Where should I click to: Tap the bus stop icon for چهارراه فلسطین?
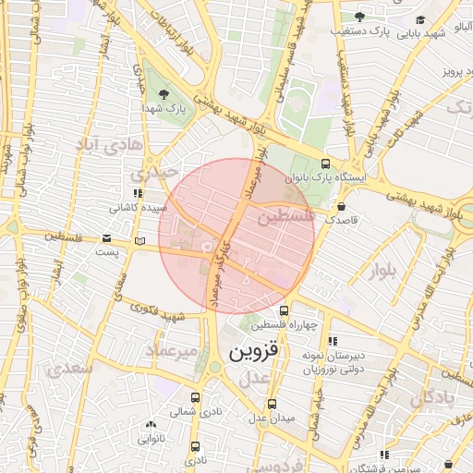pos(284,311)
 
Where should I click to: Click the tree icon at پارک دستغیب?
pos(359,17)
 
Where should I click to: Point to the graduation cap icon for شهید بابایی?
pos(420,19)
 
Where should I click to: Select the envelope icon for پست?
pos(139,241)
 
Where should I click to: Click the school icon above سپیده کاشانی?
pos(138,193)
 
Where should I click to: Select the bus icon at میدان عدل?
pos(272,404)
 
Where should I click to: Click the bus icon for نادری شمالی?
pos(195,396)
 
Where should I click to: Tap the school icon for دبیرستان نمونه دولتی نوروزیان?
pos(333,341)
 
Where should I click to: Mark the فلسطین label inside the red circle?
pos(286,218)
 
